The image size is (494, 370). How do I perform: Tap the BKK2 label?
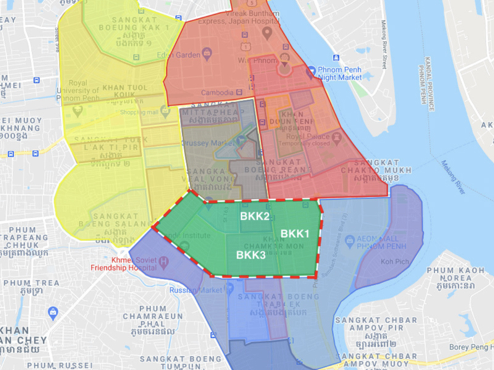tap(254, 216)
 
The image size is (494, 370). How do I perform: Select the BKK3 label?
tap(251, 254)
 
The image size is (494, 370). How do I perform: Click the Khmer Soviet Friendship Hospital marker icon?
tap(164, 261)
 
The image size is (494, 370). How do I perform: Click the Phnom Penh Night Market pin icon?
tap(311, 72)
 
